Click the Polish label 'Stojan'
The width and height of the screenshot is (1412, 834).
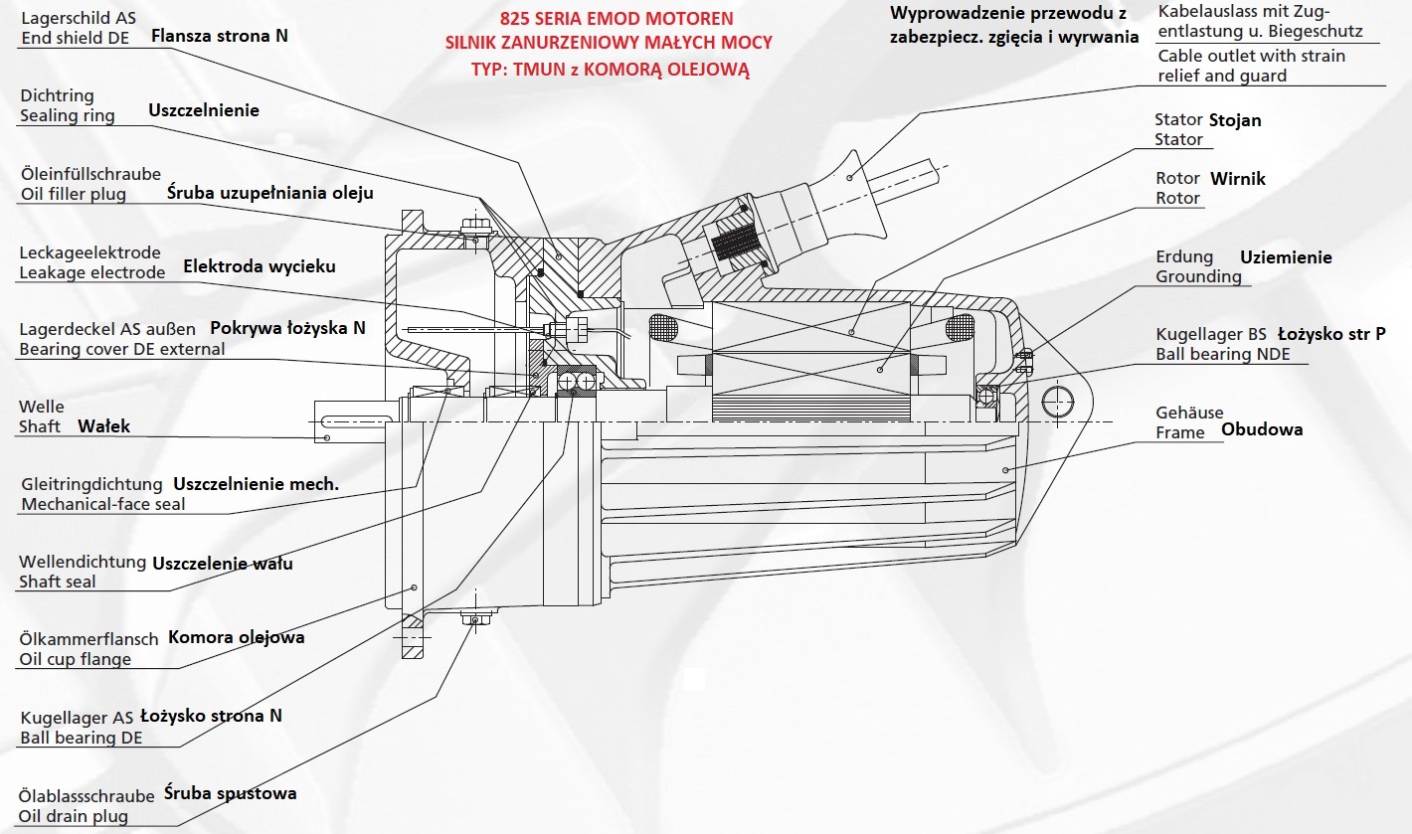point(1235,120)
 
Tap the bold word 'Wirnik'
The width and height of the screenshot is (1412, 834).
point(1238,179)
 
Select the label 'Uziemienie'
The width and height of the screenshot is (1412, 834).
point(1286,257)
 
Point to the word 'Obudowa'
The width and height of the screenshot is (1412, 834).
point(1261,429)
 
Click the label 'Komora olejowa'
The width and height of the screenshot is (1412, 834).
point(236,637)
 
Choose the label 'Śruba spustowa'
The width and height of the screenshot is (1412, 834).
point(230,793)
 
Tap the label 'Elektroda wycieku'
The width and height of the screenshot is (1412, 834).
point(260,266)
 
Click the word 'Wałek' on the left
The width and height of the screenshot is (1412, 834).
point(103,426)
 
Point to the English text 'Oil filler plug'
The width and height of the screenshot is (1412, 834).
point(74,194)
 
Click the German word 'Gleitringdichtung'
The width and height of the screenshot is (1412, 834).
point(91,484)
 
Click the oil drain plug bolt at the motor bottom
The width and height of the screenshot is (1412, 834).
point(473,620)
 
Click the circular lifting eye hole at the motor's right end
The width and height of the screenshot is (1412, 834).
point(1058,402)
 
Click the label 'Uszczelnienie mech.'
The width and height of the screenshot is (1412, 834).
point(257,484)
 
